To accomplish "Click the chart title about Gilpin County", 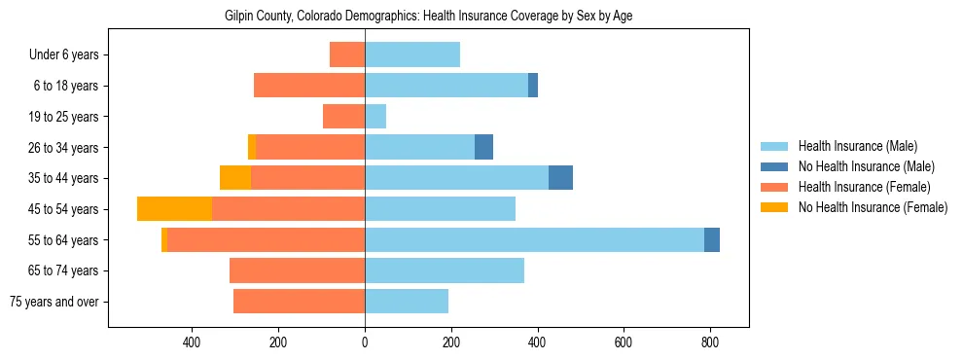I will point(428,17).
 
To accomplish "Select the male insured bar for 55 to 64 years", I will point(534,239).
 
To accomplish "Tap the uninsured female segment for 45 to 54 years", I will point(175,209).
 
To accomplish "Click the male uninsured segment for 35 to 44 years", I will point(560,178).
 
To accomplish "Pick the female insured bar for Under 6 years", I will point(347,54).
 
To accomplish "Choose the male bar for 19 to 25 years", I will point(375,117).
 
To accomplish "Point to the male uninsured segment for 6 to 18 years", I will point(533,86).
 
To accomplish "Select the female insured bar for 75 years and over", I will point(299,302).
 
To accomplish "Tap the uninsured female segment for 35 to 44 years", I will point(235,178).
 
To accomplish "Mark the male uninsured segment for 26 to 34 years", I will point(483,147).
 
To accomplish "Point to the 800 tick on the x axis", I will point(709,342).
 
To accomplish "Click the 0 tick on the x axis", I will point(365,342).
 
